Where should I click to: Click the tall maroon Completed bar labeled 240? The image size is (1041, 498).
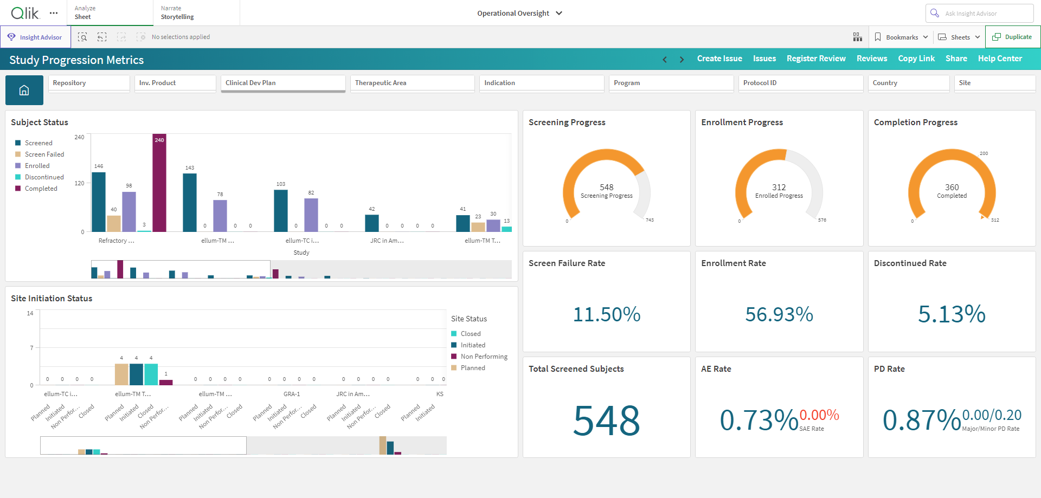(x=159, y=183)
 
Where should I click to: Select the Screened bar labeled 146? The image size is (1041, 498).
(x=99, y=202)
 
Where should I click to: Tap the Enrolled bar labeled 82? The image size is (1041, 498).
(x=311, y=215)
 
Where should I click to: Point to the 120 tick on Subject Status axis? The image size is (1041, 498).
(x=79, y=183)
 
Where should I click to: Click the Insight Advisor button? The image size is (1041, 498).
(x=36, y=37)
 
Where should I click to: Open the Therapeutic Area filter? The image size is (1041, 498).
(x=413, y=83)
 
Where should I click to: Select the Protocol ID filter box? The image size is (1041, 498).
(x=801, y=83)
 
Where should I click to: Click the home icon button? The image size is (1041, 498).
(x=24, y=90)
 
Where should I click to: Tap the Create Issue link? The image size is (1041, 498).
(x=719, y=59)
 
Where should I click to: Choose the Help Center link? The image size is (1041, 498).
(x=1000, y=59)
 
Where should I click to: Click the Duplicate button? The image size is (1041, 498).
(x=1012, y=37)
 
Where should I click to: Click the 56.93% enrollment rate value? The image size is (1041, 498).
(x=779, y=314)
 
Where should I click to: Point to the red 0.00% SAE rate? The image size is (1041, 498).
(x=819, y=415)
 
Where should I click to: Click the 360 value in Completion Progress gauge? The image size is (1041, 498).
(x=952, y=187)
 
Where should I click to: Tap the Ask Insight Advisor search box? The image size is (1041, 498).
(x=979, y=13)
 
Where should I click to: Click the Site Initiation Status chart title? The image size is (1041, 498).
(x=52, y=299)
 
